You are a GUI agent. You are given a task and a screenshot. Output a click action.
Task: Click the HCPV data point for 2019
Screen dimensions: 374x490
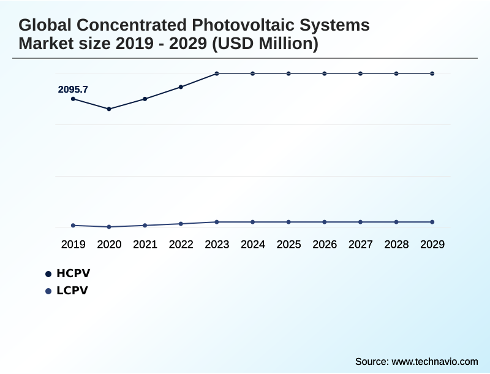(x=73, y=99)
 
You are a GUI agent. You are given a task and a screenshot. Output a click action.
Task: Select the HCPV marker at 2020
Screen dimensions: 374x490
(x=109, y=109)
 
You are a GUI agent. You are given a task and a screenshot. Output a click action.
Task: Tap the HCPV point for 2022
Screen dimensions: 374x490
(x=181, y=87)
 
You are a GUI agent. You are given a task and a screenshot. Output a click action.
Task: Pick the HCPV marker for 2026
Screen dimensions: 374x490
(x=325, y=74)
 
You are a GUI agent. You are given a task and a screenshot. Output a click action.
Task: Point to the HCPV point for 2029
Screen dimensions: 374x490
(x=432, y=74)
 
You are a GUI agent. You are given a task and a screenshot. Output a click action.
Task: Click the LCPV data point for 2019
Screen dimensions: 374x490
(x=73, y=226)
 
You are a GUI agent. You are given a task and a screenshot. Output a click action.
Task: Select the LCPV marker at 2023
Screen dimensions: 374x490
(x=217, y=222)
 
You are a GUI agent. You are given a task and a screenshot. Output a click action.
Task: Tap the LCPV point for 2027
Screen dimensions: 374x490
(x=360, y=222)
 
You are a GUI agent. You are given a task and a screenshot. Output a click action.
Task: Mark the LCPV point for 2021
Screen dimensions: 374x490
(x=145, y=226)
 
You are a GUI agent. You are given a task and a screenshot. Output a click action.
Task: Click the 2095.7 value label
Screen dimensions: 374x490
(x=73, y=90)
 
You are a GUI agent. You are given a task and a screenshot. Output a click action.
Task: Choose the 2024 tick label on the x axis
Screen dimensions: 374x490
(x=253, y=245)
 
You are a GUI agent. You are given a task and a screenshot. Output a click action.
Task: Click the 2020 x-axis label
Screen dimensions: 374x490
(x=109, y=245)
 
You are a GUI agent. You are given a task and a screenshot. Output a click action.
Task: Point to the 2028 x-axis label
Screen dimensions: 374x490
(x=396, y=245)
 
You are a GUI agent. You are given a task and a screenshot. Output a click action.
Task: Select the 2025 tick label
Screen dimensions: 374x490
(x=288, y=245)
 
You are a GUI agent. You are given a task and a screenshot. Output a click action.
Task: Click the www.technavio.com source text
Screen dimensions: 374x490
(x=435, y=362)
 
